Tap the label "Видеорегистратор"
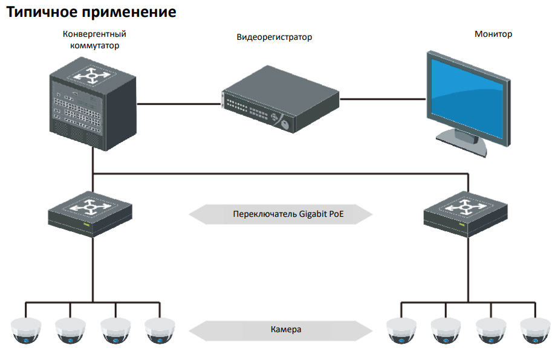point(274,37)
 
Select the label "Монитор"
point(493,34)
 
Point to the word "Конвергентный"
point(94,34)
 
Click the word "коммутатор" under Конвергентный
point(95,45)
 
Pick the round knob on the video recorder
point(285,124)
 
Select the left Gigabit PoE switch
point(90,214)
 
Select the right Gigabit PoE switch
point(466,214)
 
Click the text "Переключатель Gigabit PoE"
point(288,214)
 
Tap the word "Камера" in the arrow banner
point(286,329)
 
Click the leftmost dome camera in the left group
point(26,331)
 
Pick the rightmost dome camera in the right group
point(535,331)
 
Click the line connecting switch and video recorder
point(179,104)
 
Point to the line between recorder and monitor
point(383,99)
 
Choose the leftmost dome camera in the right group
point(401,331)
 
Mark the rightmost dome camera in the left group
point(160,331)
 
